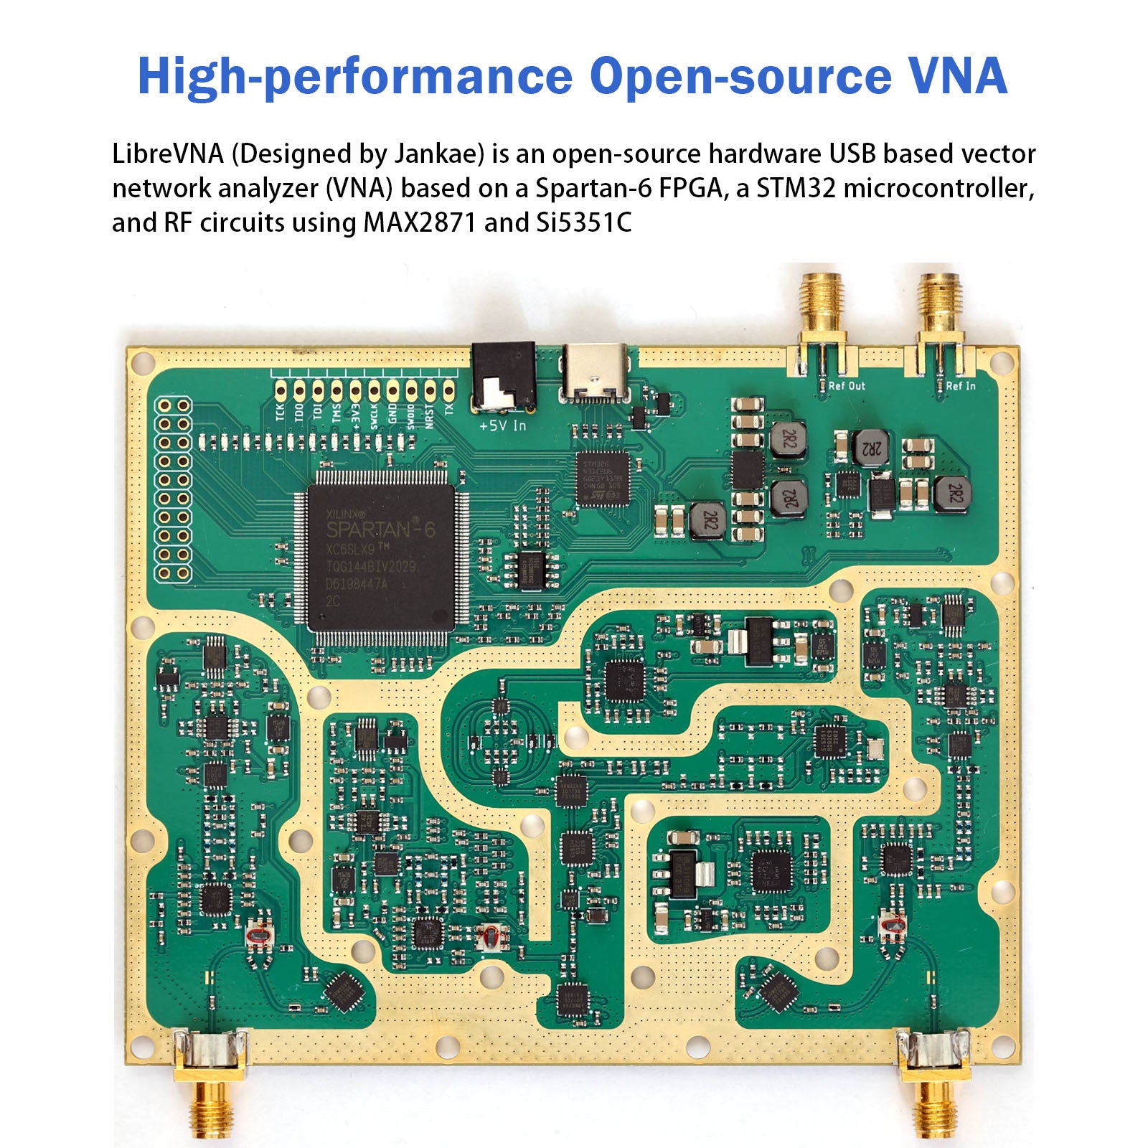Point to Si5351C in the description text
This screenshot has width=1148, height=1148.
pyautogui.click(x=584, y=222)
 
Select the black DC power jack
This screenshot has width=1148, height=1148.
pyautogui.click(x=504, y=376)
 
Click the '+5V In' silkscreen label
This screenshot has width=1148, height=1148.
pyautogui.click(x=502, y=425)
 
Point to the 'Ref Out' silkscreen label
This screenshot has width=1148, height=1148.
pyautogui.click(x=847, y=386)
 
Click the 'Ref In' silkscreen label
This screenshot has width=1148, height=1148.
pyautogui.click(x=961, y=386)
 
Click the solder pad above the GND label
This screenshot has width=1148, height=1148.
pyautogui.click(x=392, y=390)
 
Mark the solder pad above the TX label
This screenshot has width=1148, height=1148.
pyautogui.click(x=448, y=390)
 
